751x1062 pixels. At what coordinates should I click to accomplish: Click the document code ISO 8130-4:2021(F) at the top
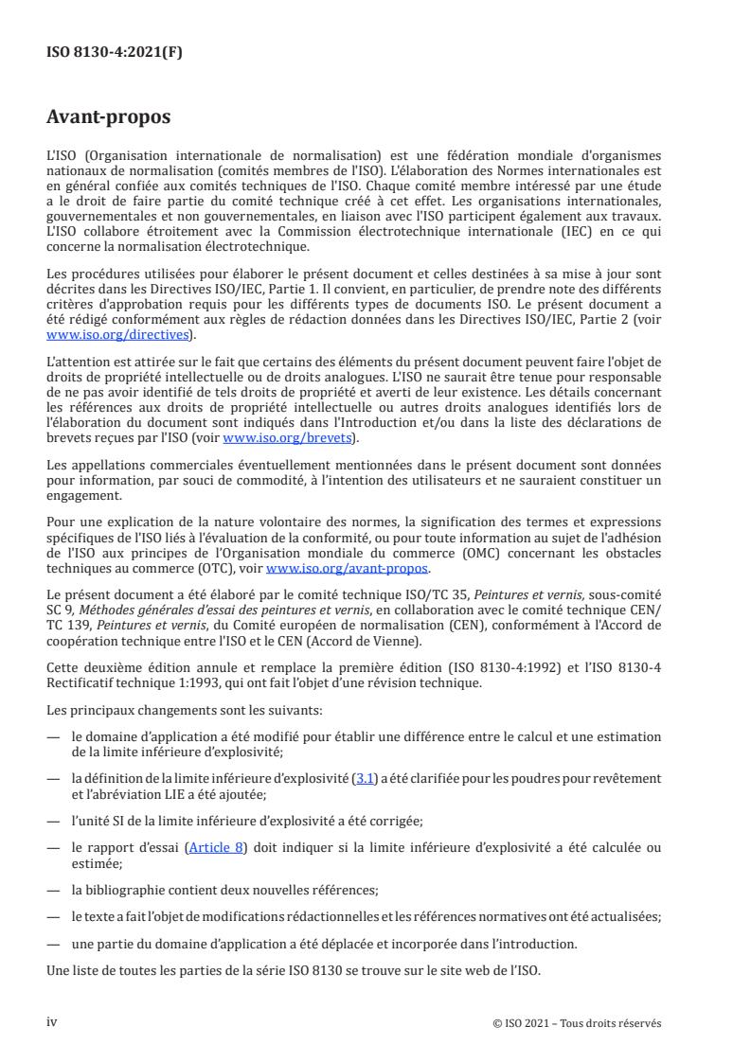pos(115,52)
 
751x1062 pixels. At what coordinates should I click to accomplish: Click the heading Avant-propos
pos(109,119)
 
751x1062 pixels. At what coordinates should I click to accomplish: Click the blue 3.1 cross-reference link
pos(363,778)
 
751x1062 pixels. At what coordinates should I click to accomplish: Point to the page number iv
pos(52,1022)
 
